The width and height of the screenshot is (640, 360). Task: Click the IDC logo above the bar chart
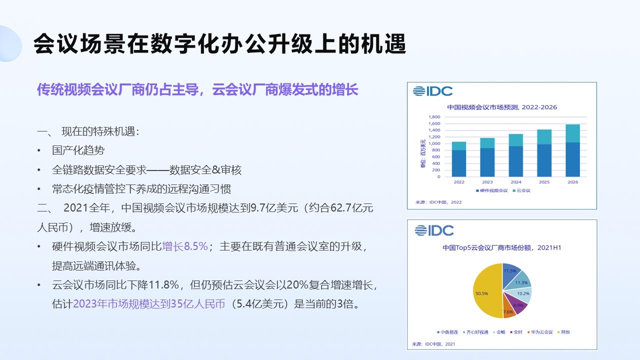click(432, 91)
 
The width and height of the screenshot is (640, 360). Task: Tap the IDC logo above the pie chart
click(434, 230)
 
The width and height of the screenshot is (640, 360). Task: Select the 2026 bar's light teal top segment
click(572, 133)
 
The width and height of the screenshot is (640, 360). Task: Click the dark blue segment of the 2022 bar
click(459, 163)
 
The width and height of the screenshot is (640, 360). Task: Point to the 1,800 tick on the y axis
click(434, 117)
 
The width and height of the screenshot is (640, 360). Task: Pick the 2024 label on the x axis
click(516, 182)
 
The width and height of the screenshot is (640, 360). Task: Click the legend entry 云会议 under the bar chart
click(521, 190)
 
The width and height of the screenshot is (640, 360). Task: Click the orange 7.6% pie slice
click(509, 309)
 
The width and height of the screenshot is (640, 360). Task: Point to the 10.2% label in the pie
click(523, 293)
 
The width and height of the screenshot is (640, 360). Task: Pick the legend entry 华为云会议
click(540, 332)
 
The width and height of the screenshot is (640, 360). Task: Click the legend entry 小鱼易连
click(447, 332)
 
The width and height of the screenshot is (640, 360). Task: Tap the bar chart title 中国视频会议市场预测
click(482, 107)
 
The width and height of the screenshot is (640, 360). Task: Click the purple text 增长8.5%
click(185, 246)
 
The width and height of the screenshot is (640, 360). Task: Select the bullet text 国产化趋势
click(78, 150)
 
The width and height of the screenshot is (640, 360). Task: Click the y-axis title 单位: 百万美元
click(423, 153)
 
